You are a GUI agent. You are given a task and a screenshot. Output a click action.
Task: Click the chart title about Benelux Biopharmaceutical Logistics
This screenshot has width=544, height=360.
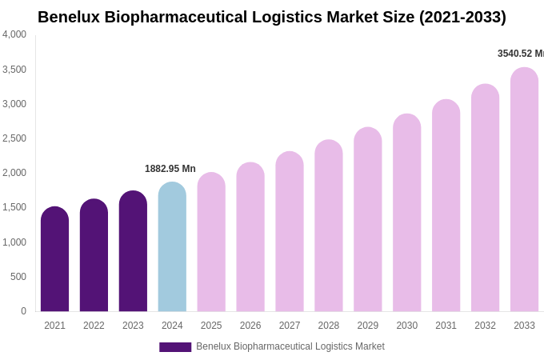tap(272, 17)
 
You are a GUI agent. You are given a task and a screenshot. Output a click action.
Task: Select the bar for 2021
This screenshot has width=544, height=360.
tap(54, 260)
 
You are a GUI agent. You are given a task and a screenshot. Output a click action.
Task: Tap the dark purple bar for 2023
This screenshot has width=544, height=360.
tap(133, 252)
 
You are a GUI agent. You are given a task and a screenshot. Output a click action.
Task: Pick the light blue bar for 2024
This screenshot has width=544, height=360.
tap(172, 248)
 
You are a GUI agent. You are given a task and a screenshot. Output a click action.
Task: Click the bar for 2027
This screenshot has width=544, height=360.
tap(290, 232)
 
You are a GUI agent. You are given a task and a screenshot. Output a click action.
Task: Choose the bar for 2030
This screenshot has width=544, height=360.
tap(406, 214)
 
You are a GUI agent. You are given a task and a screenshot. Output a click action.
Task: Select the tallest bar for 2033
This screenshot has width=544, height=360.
tap(524, 190)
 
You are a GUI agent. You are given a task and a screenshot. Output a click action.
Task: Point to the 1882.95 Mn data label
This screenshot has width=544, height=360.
tap(170, 169)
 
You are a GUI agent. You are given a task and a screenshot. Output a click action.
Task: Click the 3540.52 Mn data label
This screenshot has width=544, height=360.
tap(521, 54)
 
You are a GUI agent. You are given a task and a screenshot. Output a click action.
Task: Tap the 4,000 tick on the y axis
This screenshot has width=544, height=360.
tap(14, 34)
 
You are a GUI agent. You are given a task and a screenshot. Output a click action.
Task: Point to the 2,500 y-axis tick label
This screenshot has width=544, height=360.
tap(14, 138)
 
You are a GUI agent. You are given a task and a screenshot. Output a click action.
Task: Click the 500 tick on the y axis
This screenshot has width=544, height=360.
tap(18, 277)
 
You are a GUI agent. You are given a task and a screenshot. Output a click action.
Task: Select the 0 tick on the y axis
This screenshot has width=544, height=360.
tap(23, 311)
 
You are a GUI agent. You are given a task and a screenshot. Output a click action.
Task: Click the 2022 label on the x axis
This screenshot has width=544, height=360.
tap(94, 326)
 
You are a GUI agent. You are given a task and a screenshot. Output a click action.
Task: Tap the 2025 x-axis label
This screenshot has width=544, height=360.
tap(211, 326)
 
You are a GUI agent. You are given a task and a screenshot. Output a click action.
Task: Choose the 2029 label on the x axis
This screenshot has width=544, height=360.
tap(368, 326)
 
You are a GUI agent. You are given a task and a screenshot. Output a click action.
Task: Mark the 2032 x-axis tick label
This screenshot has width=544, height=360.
tap(485, 326)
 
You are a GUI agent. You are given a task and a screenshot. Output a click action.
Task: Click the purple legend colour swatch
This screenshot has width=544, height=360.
tap(175, 347)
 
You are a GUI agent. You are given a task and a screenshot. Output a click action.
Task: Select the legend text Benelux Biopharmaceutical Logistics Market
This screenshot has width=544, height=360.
tap(290, 346)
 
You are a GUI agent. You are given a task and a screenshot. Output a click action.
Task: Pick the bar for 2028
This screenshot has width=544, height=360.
tap(329, 226)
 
